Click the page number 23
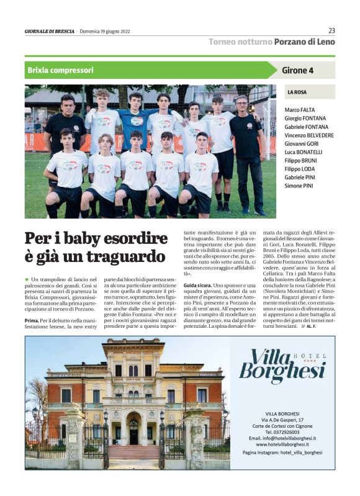coord(331,30)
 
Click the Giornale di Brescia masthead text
coord(49,31)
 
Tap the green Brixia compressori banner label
coord(61,70)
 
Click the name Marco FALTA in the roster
coord(299,109)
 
